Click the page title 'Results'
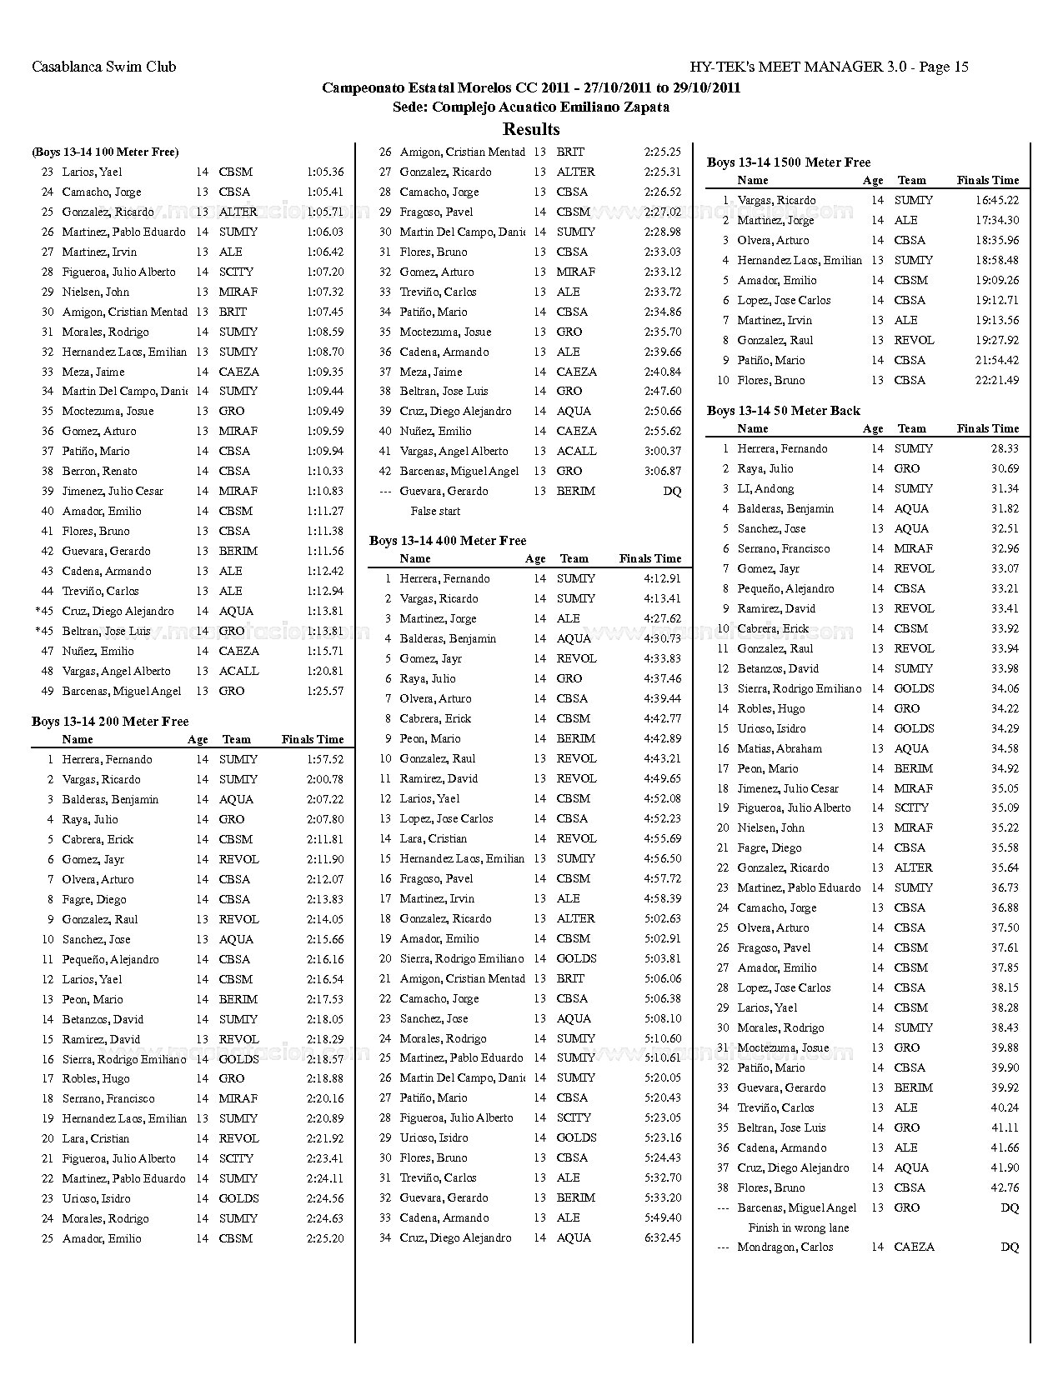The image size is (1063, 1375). (531, 129)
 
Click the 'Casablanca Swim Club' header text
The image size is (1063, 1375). (103, 67)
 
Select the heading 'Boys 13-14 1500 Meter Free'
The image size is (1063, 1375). (788, 162)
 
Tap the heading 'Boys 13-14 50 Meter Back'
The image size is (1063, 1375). (783, 411)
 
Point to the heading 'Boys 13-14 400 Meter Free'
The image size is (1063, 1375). (448, 541)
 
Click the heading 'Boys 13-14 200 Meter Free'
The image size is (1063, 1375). (110, 722)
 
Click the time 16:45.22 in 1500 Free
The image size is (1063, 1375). (997, 201)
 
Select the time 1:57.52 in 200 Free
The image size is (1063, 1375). (325, 760)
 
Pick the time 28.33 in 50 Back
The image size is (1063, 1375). (1005, 449)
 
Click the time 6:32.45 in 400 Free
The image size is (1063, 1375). (663, 1238)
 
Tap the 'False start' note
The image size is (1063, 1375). (435, 512)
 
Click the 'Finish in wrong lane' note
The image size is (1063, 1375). (798, 1228)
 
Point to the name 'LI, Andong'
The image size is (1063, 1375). (765, 489)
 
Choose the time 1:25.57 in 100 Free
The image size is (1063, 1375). (325, 692)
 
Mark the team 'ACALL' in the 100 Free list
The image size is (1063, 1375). (238, 672)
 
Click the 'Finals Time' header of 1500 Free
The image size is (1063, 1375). (988, 181)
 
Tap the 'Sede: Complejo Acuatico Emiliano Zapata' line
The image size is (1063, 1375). (531, 107)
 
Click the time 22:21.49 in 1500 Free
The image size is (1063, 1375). (997, 381)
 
